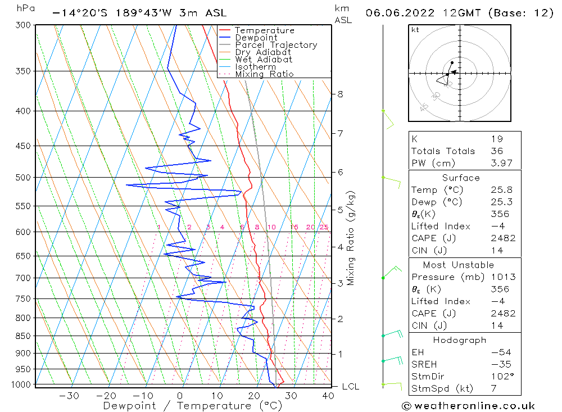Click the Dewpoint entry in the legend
256,38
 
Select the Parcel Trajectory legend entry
275,45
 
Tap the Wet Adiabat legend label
263,60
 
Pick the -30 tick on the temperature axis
69,396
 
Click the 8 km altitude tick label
340,94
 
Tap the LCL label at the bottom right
350,387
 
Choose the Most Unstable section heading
459,265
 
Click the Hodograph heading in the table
459,340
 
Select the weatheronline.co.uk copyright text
468,406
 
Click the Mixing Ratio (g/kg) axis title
351,238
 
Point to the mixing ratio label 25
324,227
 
